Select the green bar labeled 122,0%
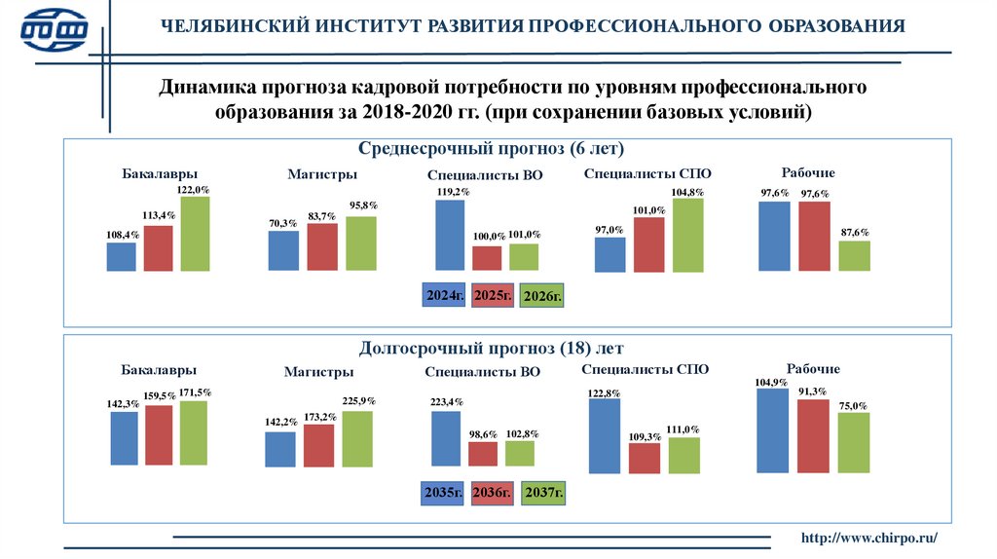(195, 234)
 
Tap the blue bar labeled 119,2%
(450, 234)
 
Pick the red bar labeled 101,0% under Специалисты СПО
(648, 243)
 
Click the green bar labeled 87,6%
(854, 255)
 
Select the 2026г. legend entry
(542, 295)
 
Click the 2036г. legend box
(492, 495)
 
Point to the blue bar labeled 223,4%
(446, 438)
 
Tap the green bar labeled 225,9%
(357, 438)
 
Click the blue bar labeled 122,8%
(604, 435)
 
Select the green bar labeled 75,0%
(853, 442)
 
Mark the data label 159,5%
(160, 395)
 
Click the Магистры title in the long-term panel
(318, 372)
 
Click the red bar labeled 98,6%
(483, 454)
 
